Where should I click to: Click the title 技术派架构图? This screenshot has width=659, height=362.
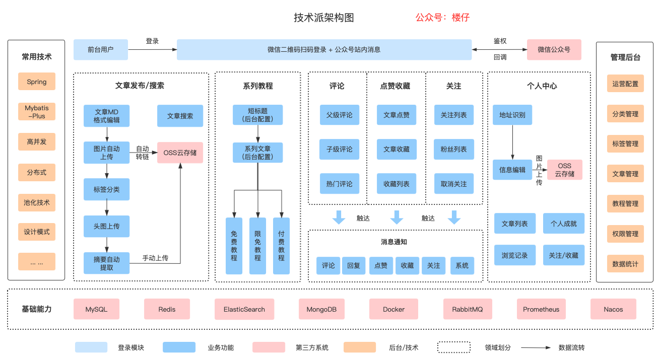click(x=324, y=18)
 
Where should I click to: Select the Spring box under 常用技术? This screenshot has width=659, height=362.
click(x=37, y=82)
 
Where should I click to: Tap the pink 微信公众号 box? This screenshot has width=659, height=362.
click(x=554, y=49)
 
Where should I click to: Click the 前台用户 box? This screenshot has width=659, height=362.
click(x=100, y=49)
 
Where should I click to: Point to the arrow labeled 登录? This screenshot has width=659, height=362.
click(x=152, y=49)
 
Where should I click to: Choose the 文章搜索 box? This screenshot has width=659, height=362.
click(x=180, y=116)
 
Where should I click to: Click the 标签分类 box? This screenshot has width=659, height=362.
click(x=106, y=190)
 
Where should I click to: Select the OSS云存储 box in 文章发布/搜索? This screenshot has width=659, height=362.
click(x=180, y=153)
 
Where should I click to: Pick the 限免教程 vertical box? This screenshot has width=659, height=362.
click(x=257, y=246)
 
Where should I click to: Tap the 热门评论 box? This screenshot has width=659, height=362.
click(x=340, y=184)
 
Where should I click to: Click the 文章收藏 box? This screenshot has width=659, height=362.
click(x=397, y=150)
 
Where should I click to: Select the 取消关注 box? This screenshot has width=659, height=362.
click(x=453, y=184)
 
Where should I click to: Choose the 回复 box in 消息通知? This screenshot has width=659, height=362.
click(x=354, y=265)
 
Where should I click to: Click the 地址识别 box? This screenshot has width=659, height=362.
click(x=512, y=115)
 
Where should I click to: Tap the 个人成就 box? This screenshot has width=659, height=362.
click(x=563, y=224)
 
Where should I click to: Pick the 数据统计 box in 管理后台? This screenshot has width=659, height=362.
click(x=625, y=264)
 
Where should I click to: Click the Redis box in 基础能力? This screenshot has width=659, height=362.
click(x=167, y=309)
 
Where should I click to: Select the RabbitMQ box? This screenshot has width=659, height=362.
click(x=467, y=309)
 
